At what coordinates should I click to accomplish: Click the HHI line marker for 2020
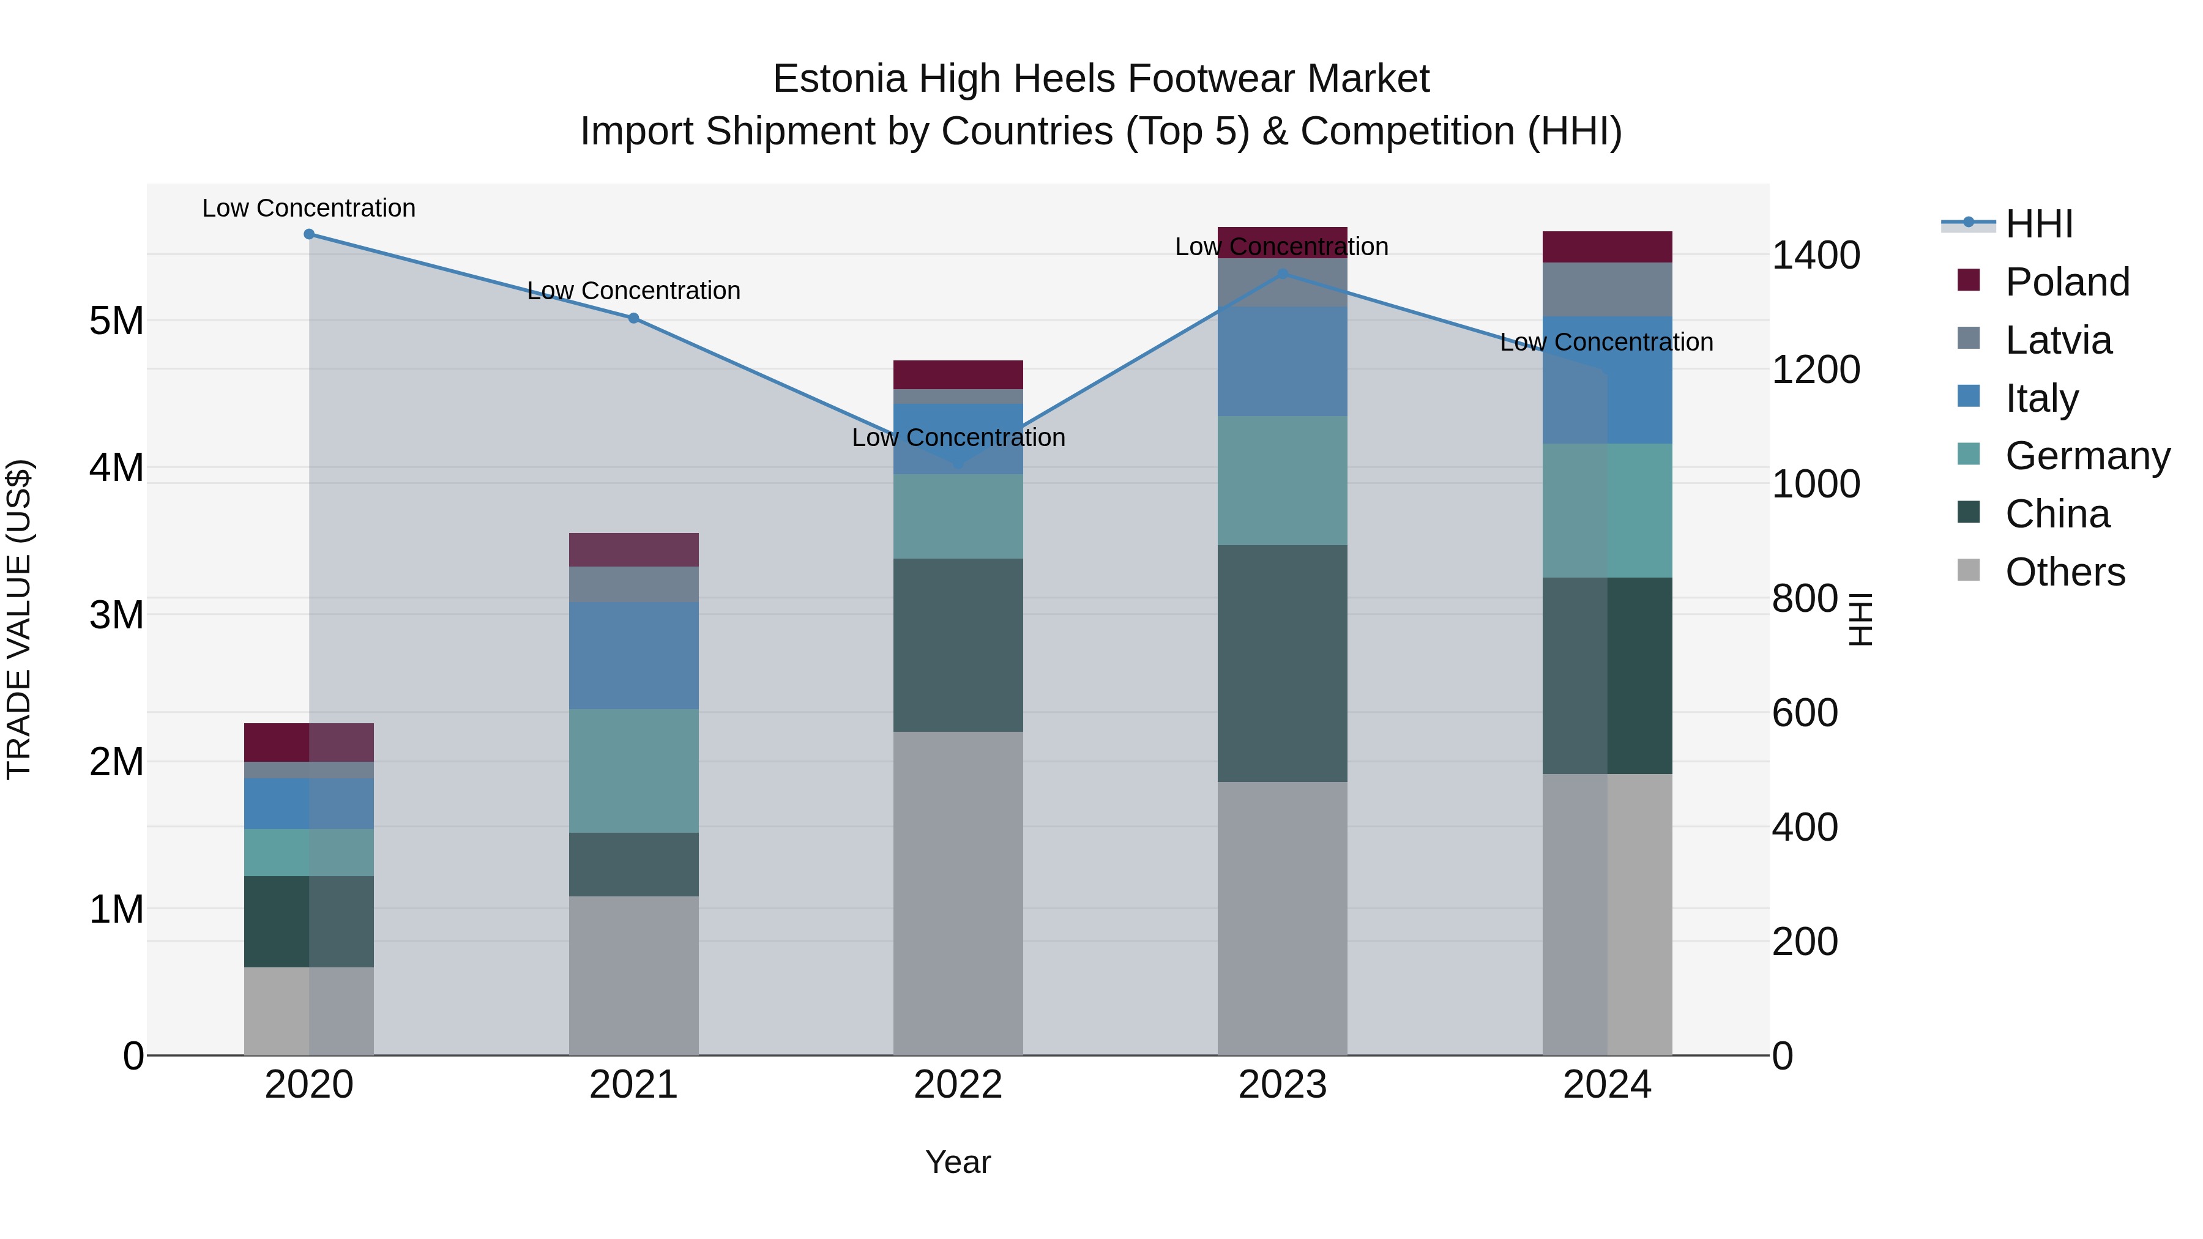(309, 234)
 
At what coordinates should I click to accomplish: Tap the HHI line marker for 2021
(634, 318)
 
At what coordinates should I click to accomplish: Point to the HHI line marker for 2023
(1283, 273)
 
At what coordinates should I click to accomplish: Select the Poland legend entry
(2066, 282)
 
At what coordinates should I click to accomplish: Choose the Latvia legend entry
(2057, 340)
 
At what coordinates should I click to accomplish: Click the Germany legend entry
(2087, 456)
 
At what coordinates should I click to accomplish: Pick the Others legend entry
(2065, 572)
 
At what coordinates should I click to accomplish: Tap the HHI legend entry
(2039, 224)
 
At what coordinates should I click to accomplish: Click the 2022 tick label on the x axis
(958, 1085)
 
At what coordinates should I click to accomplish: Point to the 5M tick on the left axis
(116, 321)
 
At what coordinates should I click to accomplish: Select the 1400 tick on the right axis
(1816, 256)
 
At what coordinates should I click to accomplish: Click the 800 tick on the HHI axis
(1805, 598)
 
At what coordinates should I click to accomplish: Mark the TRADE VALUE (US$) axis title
(20, 619)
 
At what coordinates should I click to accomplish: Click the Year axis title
(958, 1162)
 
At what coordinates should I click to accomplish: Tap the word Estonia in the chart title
(839, 79)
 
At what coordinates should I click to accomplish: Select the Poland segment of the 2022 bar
(958, 374)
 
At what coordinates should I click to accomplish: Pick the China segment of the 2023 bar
(1283, 663)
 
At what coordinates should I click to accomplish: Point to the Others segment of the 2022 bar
(958, 893)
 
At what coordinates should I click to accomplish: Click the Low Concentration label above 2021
(634, 291)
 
